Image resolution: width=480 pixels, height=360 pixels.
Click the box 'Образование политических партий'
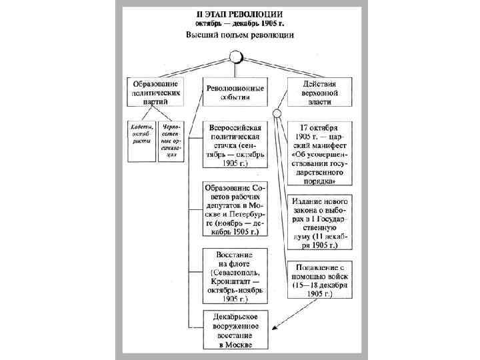point(155,94)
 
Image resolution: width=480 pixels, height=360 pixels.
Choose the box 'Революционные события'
point(235,93)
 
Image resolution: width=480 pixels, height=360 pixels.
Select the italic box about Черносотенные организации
point(171,139)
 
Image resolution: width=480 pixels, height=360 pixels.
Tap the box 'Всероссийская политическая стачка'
point(235,144)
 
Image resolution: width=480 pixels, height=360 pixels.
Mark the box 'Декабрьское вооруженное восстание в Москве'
point(235,330)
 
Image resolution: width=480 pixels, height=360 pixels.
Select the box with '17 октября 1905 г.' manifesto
point(319,153)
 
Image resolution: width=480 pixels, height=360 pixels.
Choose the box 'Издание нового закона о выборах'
point(319,223)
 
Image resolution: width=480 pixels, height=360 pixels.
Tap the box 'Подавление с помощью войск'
point(319,281)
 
